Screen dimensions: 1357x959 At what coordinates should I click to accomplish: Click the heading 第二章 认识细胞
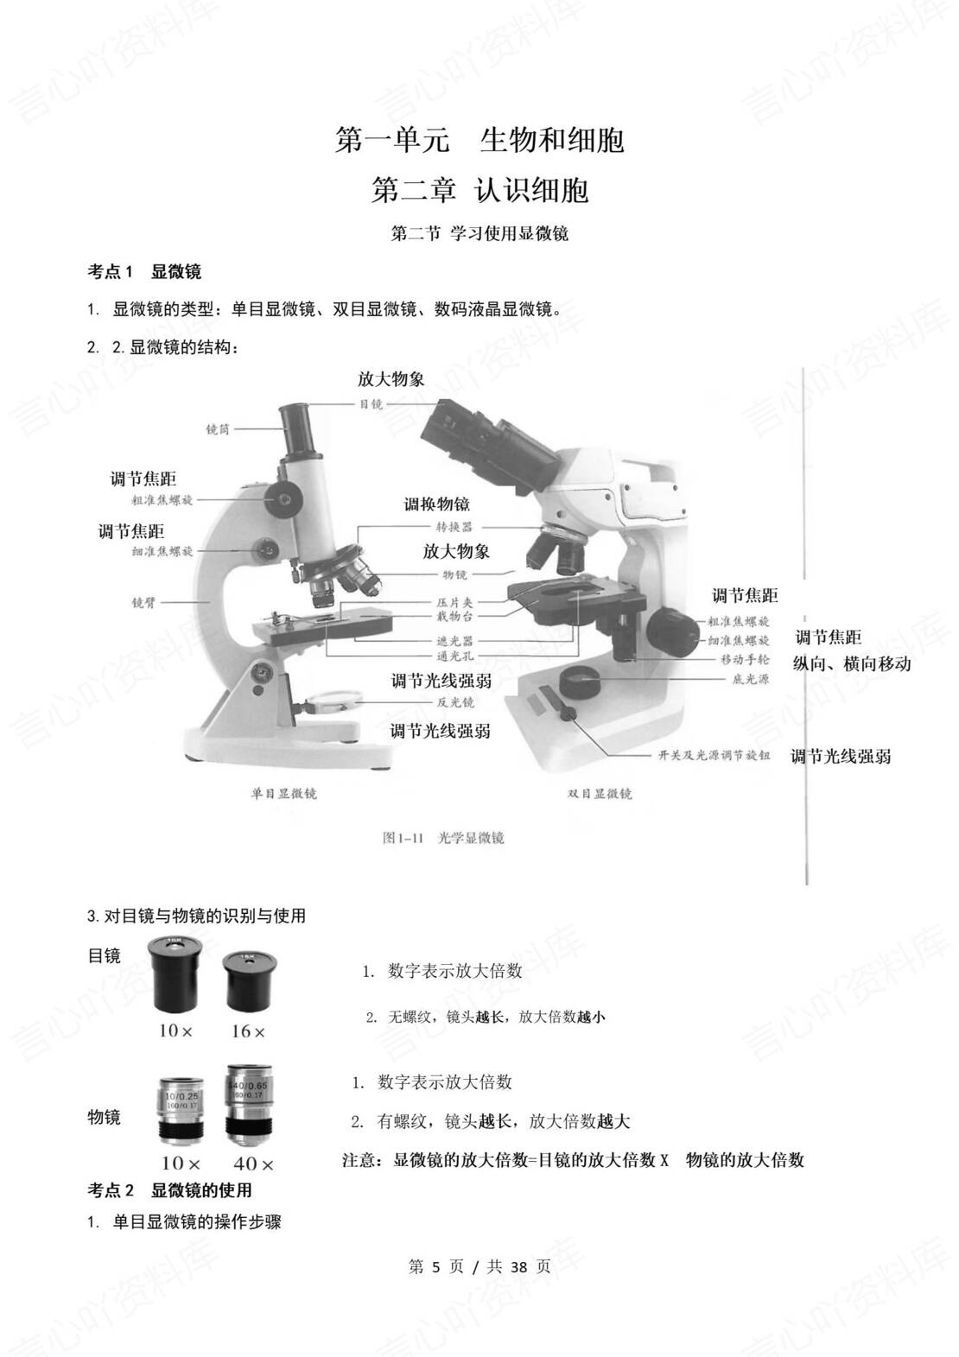click(x=479, y=190)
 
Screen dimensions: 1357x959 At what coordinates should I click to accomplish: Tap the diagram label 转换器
click(x=454, y=527)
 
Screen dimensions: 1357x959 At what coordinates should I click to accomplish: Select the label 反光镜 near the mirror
click(x=455, y=703)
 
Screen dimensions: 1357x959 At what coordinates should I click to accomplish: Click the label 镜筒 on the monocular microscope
click(x=218, y=429)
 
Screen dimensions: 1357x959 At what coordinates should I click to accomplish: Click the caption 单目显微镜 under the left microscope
click(x=283, y=793)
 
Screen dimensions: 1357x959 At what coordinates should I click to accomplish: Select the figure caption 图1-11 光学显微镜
click(x=443, y=837)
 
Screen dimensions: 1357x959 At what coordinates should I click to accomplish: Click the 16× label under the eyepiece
click(x=248, y=1032)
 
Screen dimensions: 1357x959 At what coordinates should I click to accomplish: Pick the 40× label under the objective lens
click(x=253, y=1165)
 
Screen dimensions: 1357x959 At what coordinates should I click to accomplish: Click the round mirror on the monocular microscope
click(x=337, y=698)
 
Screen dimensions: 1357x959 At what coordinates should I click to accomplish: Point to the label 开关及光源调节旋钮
click(x=714, y=755)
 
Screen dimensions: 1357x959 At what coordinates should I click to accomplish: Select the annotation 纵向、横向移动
click(x=852, y=664)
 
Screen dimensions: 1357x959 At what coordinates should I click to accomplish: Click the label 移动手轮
click(x=745, y=660)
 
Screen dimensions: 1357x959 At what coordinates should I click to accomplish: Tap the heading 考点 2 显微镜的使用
click(x=169, y=1190)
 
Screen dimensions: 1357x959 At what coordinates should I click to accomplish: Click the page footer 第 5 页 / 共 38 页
click(x=479, y=1267)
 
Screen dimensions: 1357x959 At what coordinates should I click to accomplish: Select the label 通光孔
click(x=454, y=656)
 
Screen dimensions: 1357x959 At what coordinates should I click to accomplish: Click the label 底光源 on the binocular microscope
click(x=750, y=680)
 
